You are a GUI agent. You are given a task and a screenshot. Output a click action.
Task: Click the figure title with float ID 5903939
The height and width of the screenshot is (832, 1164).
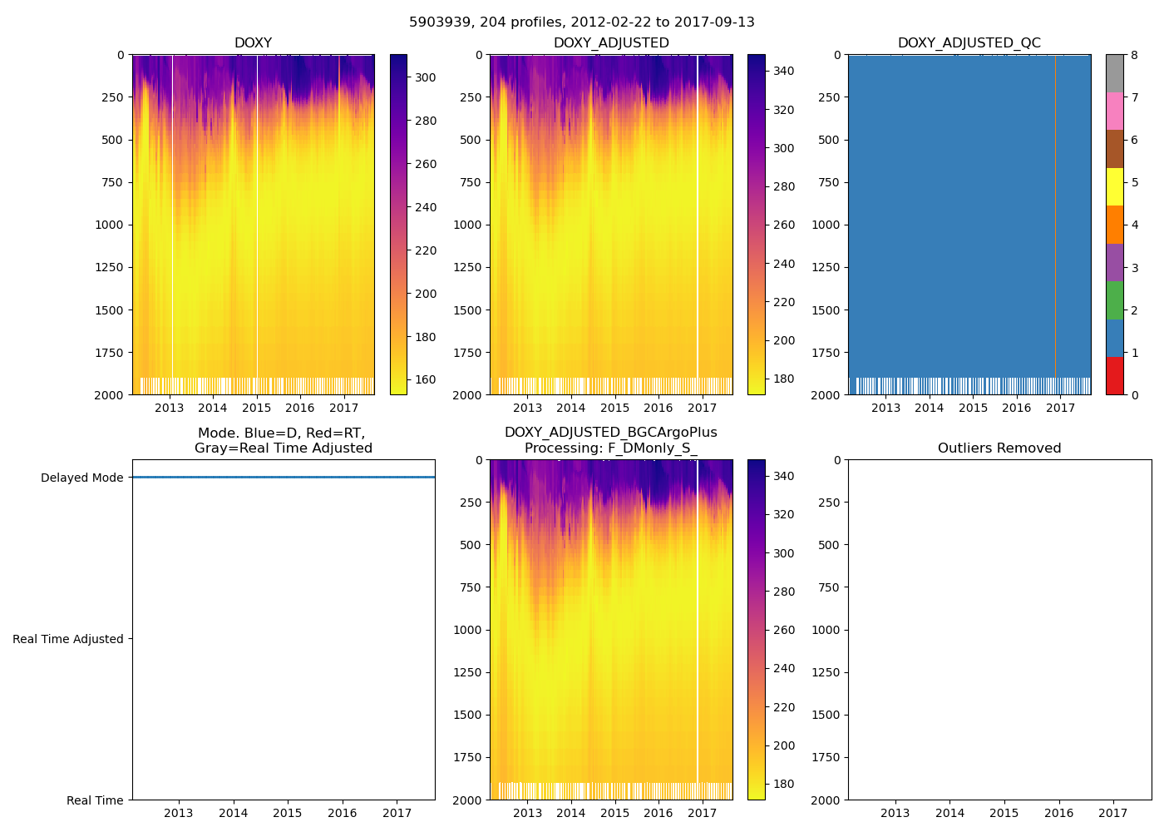[582, 22]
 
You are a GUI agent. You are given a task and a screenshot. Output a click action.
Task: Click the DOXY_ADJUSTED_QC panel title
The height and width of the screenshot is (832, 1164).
[969, 43]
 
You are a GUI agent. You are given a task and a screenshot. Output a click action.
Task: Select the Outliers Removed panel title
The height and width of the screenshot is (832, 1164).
[999, 448]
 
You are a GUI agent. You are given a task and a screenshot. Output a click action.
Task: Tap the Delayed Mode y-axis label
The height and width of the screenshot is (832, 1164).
[81, 478]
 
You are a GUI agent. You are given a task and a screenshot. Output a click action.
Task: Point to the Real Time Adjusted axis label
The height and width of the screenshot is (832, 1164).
[68, 639]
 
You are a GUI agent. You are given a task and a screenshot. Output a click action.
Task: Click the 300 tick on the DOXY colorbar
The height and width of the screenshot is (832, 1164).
[426, 77]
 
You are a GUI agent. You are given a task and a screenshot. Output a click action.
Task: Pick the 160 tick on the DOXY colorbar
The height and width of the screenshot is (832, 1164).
[426, 379]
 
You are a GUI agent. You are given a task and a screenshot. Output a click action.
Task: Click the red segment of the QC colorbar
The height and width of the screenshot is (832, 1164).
[1115, 375]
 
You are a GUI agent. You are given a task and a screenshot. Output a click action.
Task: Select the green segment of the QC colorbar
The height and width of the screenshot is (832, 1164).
[1115, 300]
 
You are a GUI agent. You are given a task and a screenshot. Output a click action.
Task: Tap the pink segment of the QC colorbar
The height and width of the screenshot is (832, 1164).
[1115, 111]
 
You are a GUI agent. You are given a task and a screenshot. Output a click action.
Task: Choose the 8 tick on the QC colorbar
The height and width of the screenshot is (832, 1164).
[1134, 55]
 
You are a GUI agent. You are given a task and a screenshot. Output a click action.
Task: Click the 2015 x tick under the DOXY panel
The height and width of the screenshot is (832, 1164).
[257, 408]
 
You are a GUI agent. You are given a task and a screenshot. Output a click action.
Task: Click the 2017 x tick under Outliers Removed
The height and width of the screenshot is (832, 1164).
[1113, 813]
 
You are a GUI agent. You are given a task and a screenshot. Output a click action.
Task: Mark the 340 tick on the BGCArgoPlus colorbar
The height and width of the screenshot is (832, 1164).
[783, 476]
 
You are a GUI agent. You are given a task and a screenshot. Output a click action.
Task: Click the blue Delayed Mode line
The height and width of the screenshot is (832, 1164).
[283, 478]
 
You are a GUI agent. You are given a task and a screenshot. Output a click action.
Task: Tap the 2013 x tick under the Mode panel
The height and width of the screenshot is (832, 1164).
[178, 813]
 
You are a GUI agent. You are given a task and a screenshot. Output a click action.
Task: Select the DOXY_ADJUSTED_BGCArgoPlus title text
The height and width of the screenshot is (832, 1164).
[610, 433]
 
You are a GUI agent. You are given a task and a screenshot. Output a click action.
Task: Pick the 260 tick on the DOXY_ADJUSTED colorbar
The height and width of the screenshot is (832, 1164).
[783, 225]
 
